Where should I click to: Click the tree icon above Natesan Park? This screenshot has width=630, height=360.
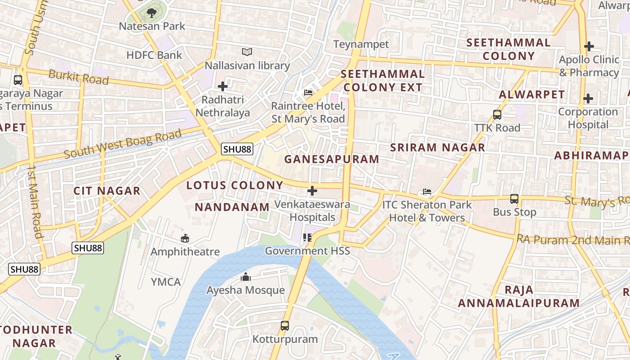coord(152,13)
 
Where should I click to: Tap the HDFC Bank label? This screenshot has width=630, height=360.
coord(154,55)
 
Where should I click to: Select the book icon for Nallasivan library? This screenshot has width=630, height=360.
coord(247,52)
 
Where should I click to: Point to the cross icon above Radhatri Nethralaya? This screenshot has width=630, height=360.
coord(223,86)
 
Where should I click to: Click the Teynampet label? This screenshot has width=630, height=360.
coord(361,44)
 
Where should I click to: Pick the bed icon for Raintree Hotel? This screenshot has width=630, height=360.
coord(308,93)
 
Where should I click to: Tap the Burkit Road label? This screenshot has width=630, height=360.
coord(78,77)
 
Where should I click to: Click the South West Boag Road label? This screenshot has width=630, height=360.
coord(122,144)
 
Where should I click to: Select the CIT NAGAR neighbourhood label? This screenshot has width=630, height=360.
coord(107,191)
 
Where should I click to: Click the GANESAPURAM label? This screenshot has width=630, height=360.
coord(332,159)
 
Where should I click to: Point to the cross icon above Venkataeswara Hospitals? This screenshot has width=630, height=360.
coord(312,191)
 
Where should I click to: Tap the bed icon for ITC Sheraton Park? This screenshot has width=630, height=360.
coord(427,192)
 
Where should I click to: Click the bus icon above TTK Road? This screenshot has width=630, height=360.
coord(497,114)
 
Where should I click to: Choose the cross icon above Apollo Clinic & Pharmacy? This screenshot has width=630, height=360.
coord(589,46)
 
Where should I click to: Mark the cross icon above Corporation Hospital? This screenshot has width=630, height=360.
coord(588,99)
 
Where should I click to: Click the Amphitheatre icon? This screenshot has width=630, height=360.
coord(185,238)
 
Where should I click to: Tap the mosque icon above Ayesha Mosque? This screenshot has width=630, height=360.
coord(246,277)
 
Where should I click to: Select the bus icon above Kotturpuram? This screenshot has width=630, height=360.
coord(285,325)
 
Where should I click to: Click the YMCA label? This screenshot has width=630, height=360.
coord(166,282)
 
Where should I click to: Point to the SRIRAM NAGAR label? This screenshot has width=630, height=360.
coord(437,147)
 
